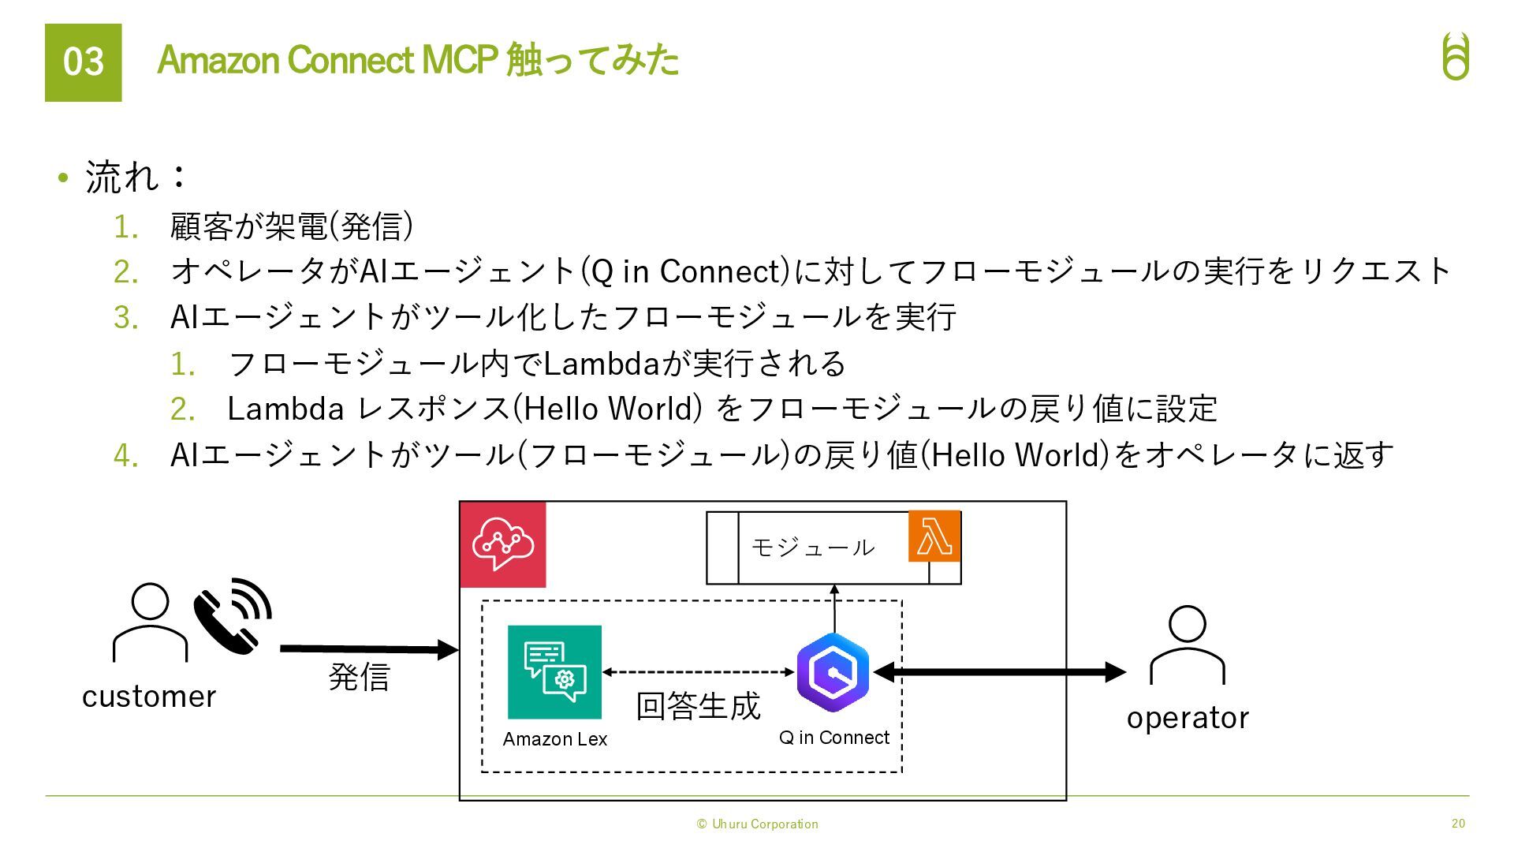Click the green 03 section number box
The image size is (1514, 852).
pos(83,62)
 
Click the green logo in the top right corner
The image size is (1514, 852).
pos(1456,57)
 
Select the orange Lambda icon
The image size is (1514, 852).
pos(934,536)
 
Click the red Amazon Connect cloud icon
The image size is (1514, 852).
pos(503,544)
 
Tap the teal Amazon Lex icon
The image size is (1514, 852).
pos(554,672)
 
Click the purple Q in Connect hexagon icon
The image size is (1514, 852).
pos(833,673)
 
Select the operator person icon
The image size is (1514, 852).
pos(1188,645)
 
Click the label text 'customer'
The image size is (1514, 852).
pos(149,697)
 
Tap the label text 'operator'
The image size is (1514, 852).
pos(1188,718)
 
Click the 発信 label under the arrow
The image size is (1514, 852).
pos(359,677)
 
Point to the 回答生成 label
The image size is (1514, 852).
pos(698,706)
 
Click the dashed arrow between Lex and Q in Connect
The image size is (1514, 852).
pos(698,672)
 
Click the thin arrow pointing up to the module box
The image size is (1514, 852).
pos(834,608)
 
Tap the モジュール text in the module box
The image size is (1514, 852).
pos(812,547)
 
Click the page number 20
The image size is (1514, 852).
pos(1458,824)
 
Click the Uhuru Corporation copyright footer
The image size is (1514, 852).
pos(757,824)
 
